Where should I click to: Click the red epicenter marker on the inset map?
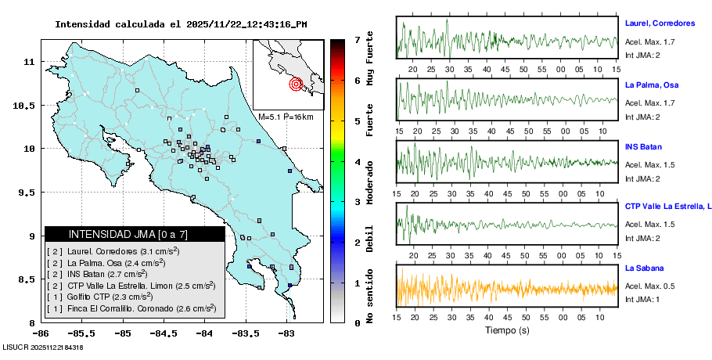coord(296,84)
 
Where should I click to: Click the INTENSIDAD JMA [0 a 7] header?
coord(135,234)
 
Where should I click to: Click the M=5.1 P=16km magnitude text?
coord(286,117)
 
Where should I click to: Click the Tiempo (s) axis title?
coord(506,330)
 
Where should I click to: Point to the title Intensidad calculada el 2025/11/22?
coord(180,24)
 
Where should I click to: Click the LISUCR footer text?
coord(43,347)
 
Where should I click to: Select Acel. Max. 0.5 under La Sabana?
coord(649,286)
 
